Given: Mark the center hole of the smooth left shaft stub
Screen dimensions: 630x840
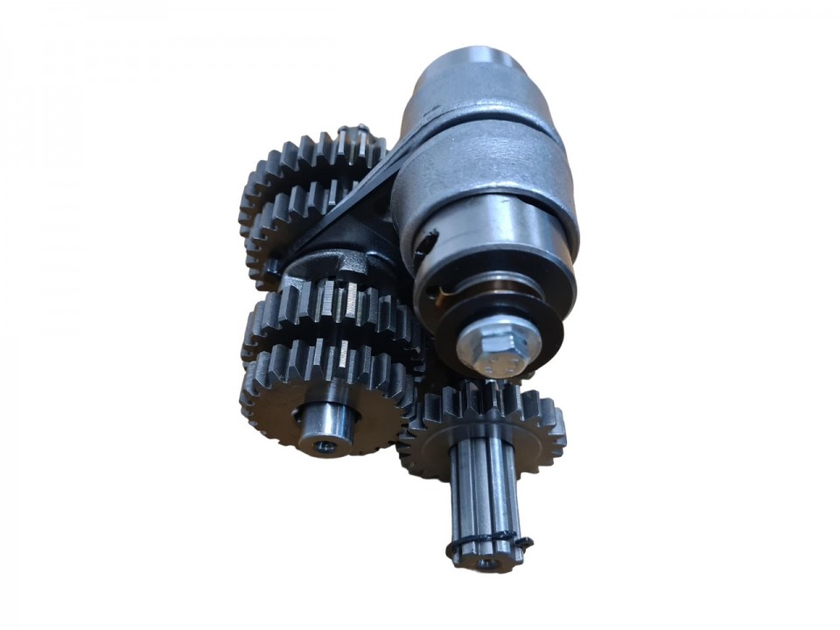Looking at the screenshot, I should [325, 446].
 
